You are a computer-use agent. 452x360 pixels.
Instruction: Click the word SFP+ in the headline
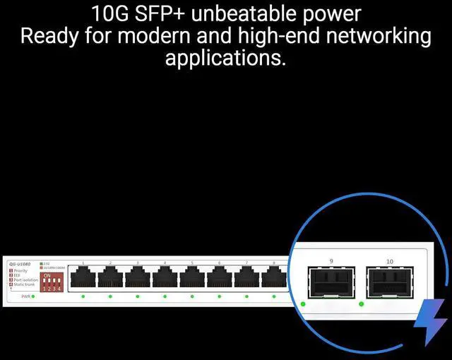157,14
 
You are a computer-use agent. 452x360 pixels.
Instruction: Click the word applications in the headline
225,58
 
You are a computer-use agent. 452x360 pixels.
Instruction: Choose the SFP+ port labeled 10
388,282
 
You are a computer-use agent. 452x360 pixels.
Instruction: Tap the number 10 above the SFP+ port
390,261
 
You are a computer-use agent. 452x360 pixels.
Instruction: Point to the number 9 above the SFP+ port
331,261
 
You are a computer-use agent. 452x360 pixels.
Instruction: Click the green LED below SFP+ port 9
303,304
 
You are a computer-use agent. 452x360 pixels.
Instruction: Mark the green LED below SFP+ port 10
362,304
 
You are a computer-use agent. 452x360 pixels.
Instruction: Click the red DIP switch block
53,282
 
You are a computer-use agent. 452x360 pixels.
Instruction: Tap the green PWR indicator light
33,296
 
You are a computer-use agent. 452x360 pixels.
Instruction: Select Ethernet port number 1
83,279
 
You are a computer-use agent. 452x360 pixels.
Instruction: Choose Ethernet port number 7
246,279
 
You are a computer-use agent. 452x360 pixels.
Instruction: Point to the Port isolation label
25,280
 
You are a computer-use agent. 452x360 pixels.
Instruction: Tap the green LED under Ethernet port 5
192,296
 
